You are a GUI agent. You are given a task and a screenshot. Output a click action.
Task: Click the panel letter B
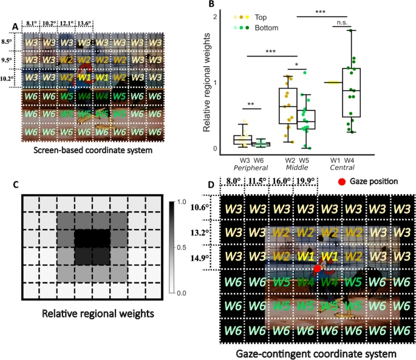(212, 5)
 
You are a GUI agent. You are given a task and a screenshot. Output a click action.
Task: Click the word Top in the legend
(262, 18)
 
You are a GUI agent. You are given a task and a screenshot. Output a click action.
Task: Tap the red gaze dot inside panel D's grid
(317, 268)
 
